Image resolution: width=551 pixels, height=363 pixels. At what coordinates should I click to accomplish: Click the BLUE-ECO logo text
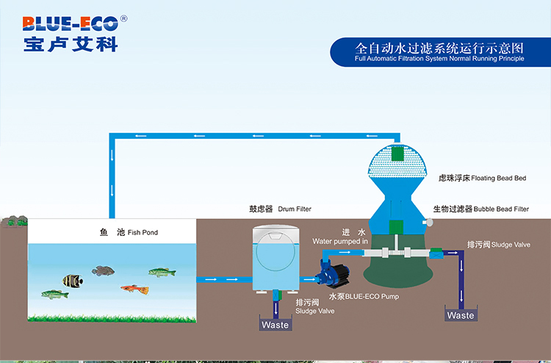[71, 24]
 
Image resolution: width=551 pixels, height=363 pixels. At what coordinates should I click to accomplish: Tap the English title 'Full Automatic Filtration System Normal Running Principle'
[439, 59]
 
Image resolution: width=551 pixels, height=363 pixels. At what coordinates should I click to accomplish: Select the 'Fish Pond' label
[143, 232]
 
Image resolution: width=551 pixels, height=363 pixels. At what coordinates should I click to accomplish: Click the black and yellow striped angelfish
[73, 281]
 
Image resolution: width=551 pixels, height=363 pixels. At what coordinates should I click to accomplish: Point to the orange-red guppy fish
[135, 290]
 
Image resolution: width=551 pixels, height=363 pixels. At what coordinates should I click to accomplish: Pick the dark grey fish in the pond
[103, 270]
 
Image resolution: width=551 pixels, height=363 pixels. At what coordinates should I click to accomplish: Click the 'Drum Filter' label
[295, 209]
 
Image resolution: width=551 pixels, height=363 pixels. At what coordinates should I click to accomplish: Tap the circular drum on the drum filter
[275, 251]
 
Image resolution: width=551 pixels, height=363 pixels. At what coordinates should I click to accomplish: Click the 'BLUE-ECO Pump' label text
[372, 297]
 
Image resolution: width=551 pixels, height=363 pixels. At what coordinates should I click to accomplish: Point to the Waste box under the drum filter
[275, 323]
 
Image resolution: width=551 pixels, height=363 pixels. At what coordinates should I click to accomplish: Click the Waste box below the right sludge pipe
[461, 314]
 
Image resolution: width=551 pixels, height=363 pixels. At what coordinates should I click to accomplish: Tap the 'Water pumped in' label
[340, 242]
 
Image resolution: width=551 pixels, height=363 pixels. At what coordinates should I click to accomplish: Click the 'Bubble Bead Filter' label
[501, 209]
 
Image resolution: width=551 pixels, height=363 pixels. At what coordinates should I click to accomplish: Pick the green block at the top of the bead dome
[397, 154]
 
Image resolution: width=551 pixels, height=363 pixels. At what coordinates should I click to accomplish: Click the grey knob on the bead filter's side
[428, 222]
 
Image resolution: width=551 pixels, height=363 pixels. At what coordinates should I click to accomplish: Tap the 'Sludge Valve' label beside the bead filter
[511, 245]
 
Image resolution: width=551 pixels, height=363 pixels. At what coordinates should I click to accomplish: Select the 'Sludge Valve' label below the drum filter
[315, 311]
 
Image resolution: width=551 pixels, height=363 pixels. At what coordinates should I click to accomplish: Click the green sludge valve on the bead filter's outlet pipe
[436, 253]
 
